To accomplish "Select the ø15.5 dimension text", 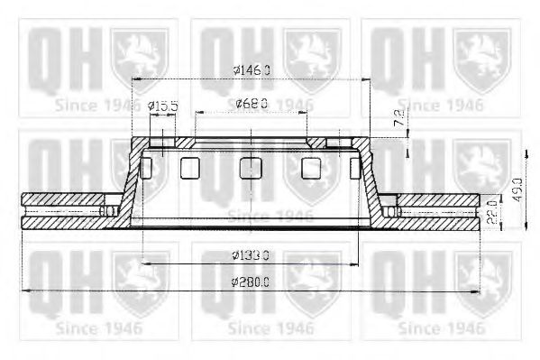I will [x=163, y=106].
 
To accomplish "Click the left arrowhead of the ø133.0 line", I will [x=143, y=263].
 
